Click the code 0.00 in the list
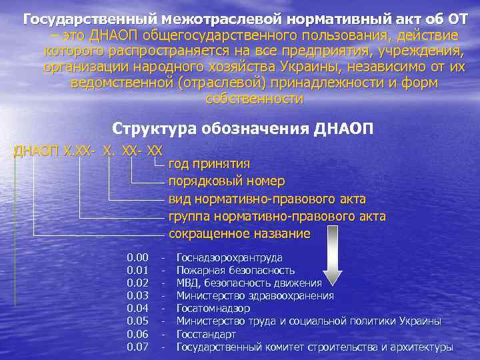coord(137,257)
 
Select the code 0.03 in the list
coord(137,295)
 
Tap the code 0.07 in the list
coord(137,347)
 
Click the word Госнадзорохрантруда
coord(229,257)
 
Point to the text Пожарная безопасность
coord(235,270)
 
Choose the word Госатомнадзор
coord(213,308)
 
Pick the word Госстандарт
coord(206,334)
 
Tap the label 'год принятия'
coord(209,163)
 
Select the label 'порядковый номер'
coord(227,181)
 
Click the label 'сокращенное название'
coord(239,234)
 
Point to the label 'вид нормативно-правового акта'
coord(267,199)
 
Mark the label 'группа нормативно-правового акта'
coord(277,217)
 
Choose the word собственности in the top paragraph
coord(255,99)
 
